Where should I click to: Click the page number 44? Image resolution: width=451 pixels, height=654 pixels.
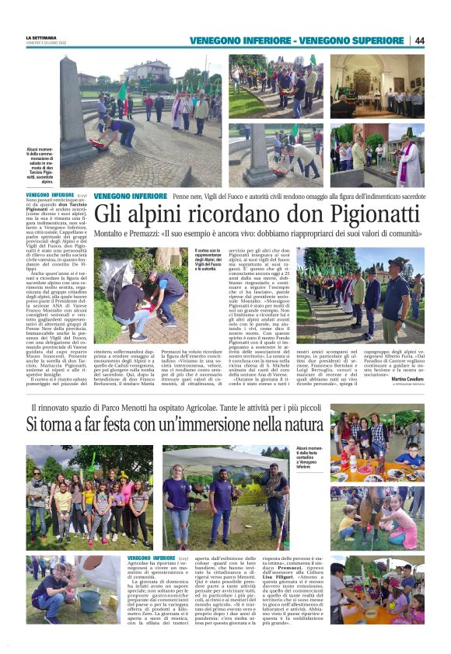pos(419,40)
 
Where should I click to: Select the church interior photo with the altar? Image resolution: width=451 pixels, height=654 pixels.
pos(376,85)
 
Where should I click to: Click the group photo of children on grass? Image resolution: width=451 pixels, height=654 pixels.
pos(89,497)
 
